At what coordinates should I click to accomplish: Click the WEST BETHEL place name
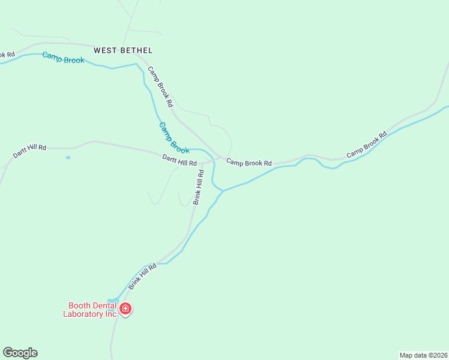pos(123,50)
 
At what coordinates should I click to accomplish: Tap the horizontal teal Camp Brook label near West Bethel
pos(63,58)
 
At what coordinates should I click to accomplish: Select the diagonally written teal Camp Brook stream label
pos(174,137)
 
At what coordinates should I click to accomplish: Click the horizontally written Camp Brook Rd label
pos(249,163)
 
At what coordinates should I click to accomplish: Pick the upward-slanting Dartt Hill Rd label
pos(29,151)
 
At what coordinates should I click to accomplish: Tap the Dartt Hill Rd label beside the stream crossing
pos(179,160)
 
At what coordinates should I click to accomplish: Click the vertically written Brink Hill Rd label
pos(199,187)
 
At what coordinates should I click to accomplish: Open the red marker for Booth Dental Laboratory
pos(125,309)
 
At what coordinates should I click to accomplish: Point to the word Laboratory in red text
pos(83,314)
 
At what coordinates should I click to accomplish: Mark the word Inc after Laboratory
pos(110,314)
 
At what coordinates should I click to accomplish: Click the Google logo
pos(20,353)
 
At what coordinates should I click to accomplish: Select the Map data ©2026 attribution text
pos(423,355)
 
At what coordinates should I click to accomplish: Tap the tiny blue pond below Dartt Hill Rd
pos(68,158)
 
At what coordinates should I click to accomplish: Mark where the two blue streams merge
pos(223,191)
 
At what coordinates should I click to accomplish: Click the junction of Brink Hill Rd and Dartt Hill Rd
pos(203,163)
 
